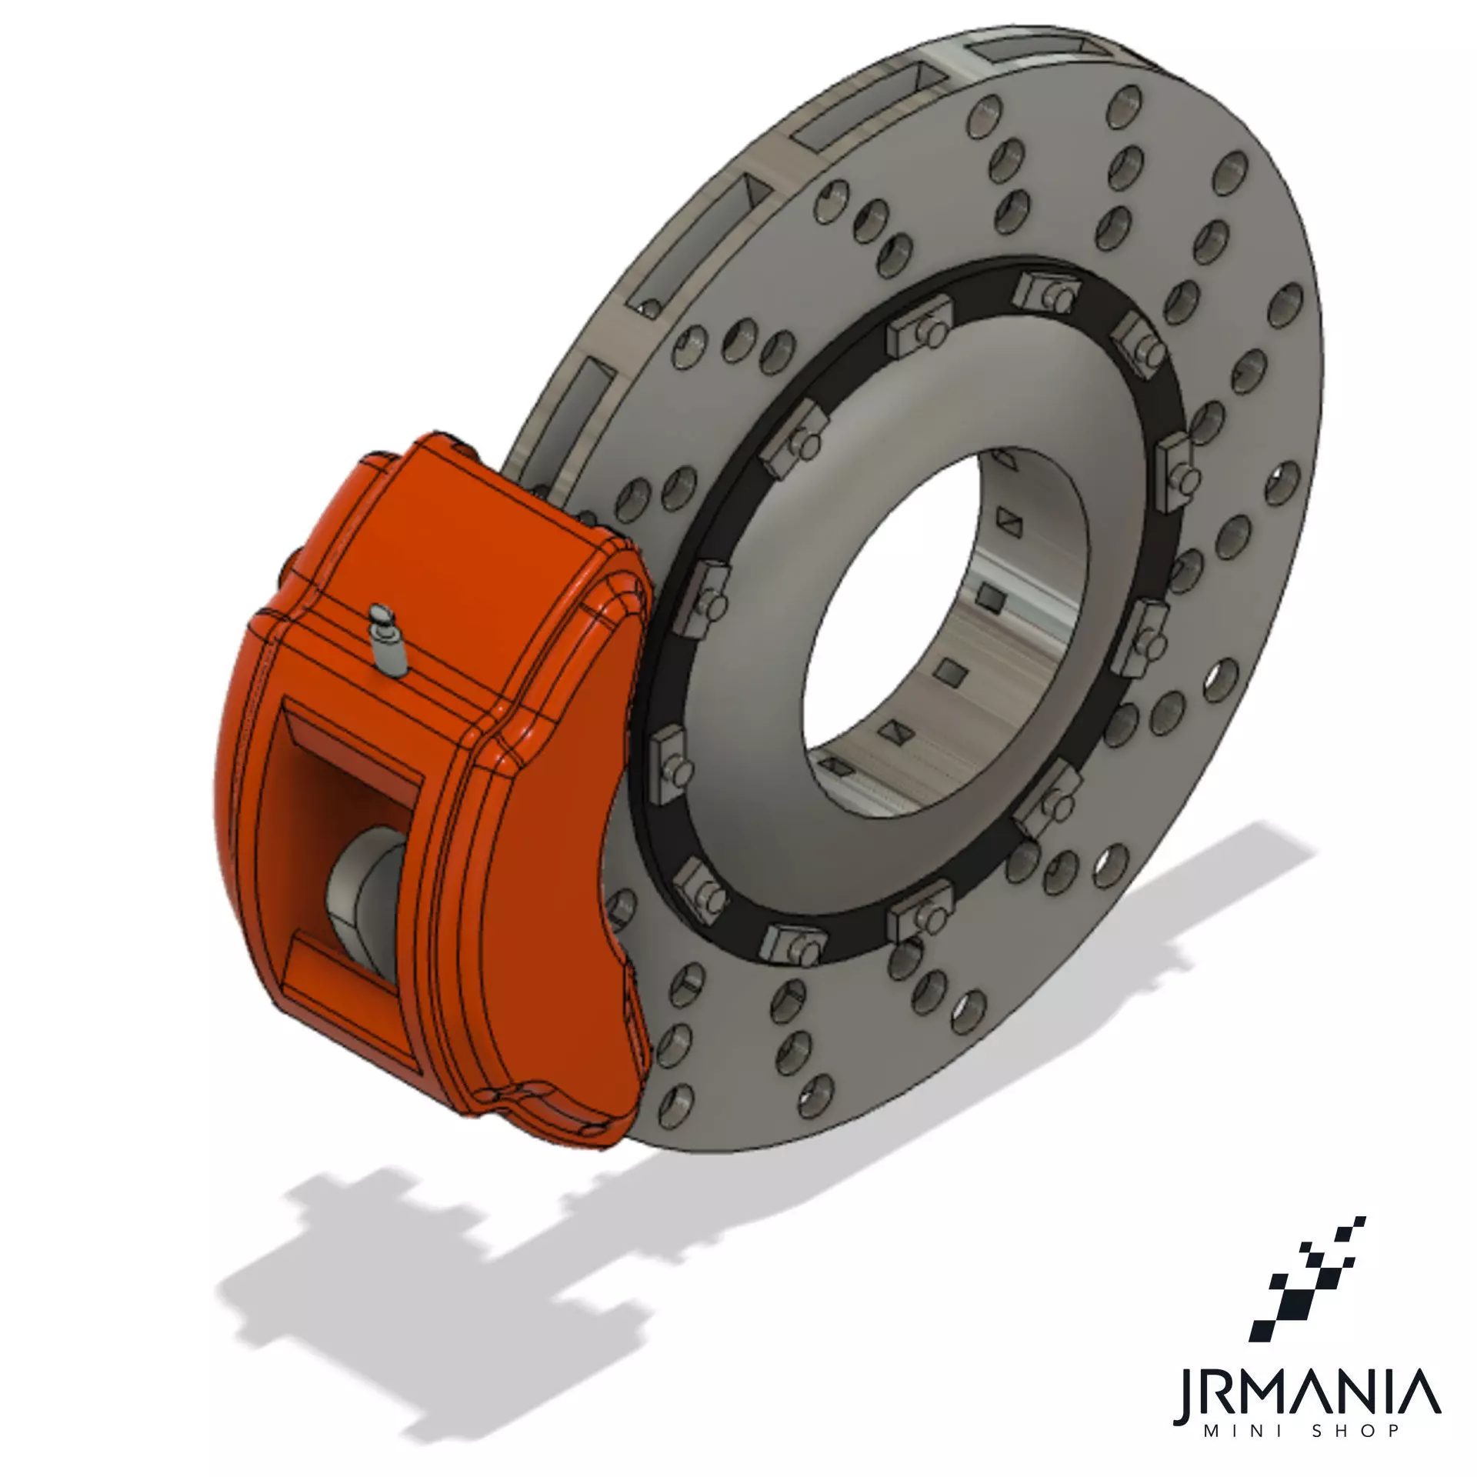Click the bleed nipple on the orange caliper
click(387, 642)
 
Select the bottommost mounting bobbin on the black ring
click(792, 946)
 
